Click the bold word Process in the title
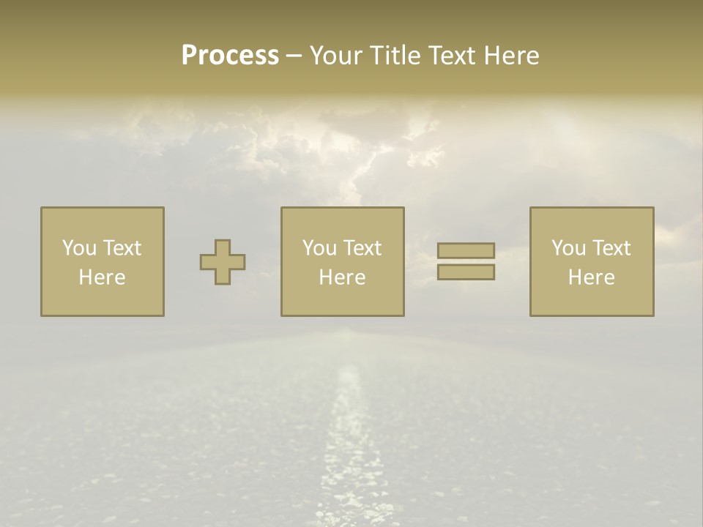tap(230, 56)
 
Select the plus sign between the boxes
tap(223, 262)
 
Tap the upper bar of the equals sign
tap(466, 250)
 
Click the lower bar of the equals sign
tap(466, 272)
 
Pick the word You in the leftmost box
tap(80, 248)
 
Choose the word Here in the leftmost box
tap(102, 277)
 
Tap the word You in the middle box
tap(320, 248)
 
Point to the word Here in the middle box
tap(342, 277)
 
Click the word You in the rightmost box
tap(569, 248)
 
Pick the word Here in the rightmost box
tap(591, 277)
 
